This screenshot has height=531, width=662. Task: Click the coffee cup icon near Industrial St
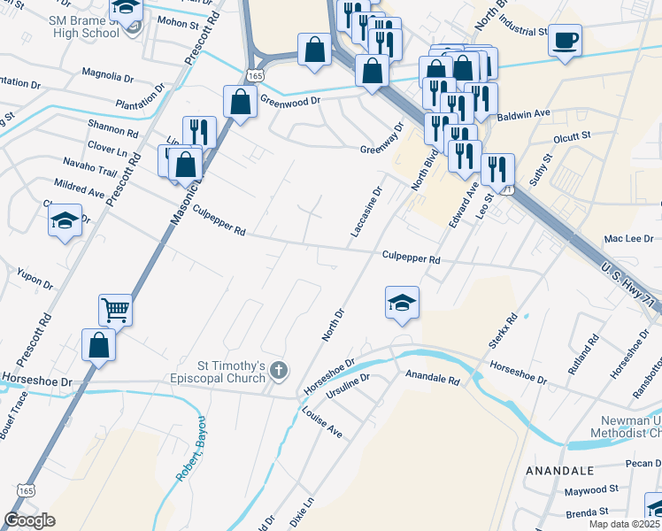pyautogui.click(x=565, y=41)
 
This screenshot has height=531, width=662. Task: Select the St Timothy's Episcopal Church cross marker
pyautogui.click(x=280, y=370)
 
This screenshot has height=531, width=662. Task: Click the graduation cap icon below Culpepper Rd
pyautogui.click(x=402, y=304)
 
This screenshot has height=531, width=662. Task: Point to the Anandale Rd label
pyautogui.click(x=433, y=380)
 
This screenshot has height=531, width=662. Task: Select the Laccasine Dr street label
pyautogui.click(x=366, y=212)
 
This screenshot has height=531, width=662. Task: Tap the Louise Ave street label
pyautogui.click(x=321, y=423)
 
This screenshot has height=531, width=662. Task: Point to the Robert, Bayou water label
pyautogui.click(x=190, y=449)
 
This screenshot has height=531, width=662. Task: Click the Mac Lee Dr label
pyautogui.click(x=627, y=238)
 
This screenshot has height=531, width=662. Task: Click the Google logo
pyautogui.click(x=29, y=519)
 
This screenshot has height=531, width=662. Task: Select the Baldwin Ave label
pyautogui.click(x=524, y=114)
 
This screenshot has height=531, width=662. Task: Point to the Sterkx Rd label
pyautogui.click(x=502, y=330)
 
